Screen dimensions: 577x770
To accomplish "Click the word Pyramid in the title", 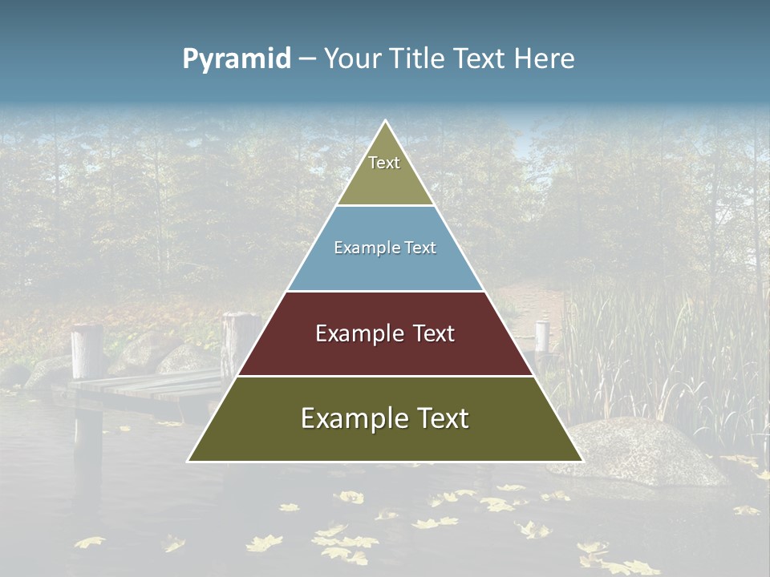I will (237, 59).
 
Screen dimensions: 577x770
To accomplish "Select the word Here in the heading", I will (545, 59).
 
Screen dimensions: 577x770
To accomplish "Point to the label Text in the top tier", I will (384, 163).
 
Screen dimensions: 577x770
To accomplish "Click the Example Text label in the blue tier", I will (385, 248).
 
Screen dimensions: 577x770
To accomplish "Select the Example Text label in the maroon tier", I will (385, 333).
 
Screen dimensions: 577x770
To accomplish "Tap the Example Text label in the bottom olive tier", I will (385, 418).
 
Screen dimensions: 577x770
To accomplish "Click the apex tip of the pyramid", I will (385, 122).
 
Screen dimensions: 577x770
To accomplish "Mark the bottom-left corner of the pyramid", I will (189, 461).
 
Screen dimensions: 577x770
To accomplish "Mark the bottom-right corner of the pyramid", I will (582, 461).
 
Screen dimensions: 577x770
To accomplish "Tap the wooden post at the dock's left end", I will (87, 353).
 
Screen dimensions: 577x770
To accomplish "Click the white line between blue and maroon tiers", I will (385, 291).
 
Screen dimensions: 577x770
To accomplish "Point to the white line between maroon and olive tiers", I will (385, 376).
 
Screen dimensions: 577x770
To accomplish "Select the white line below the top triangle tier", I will (385, 205).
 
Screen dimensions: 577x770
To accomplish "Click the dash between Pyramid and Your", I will (307, 59).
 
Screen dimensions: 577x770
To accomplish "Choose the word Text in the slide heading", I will (479, 59).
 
